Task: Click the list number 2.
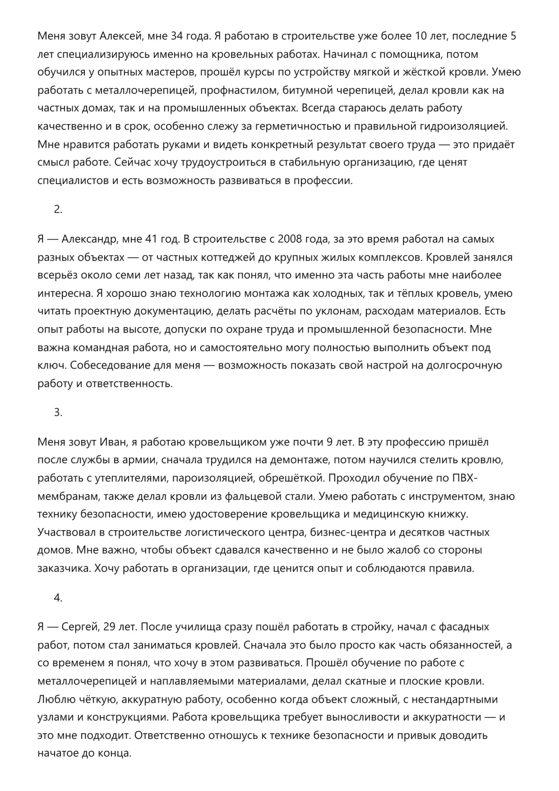point(58,210)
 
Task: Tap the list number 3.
point(58,413)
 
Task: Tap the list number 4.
point(58,598)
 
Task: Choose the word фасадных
point(464,627)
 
